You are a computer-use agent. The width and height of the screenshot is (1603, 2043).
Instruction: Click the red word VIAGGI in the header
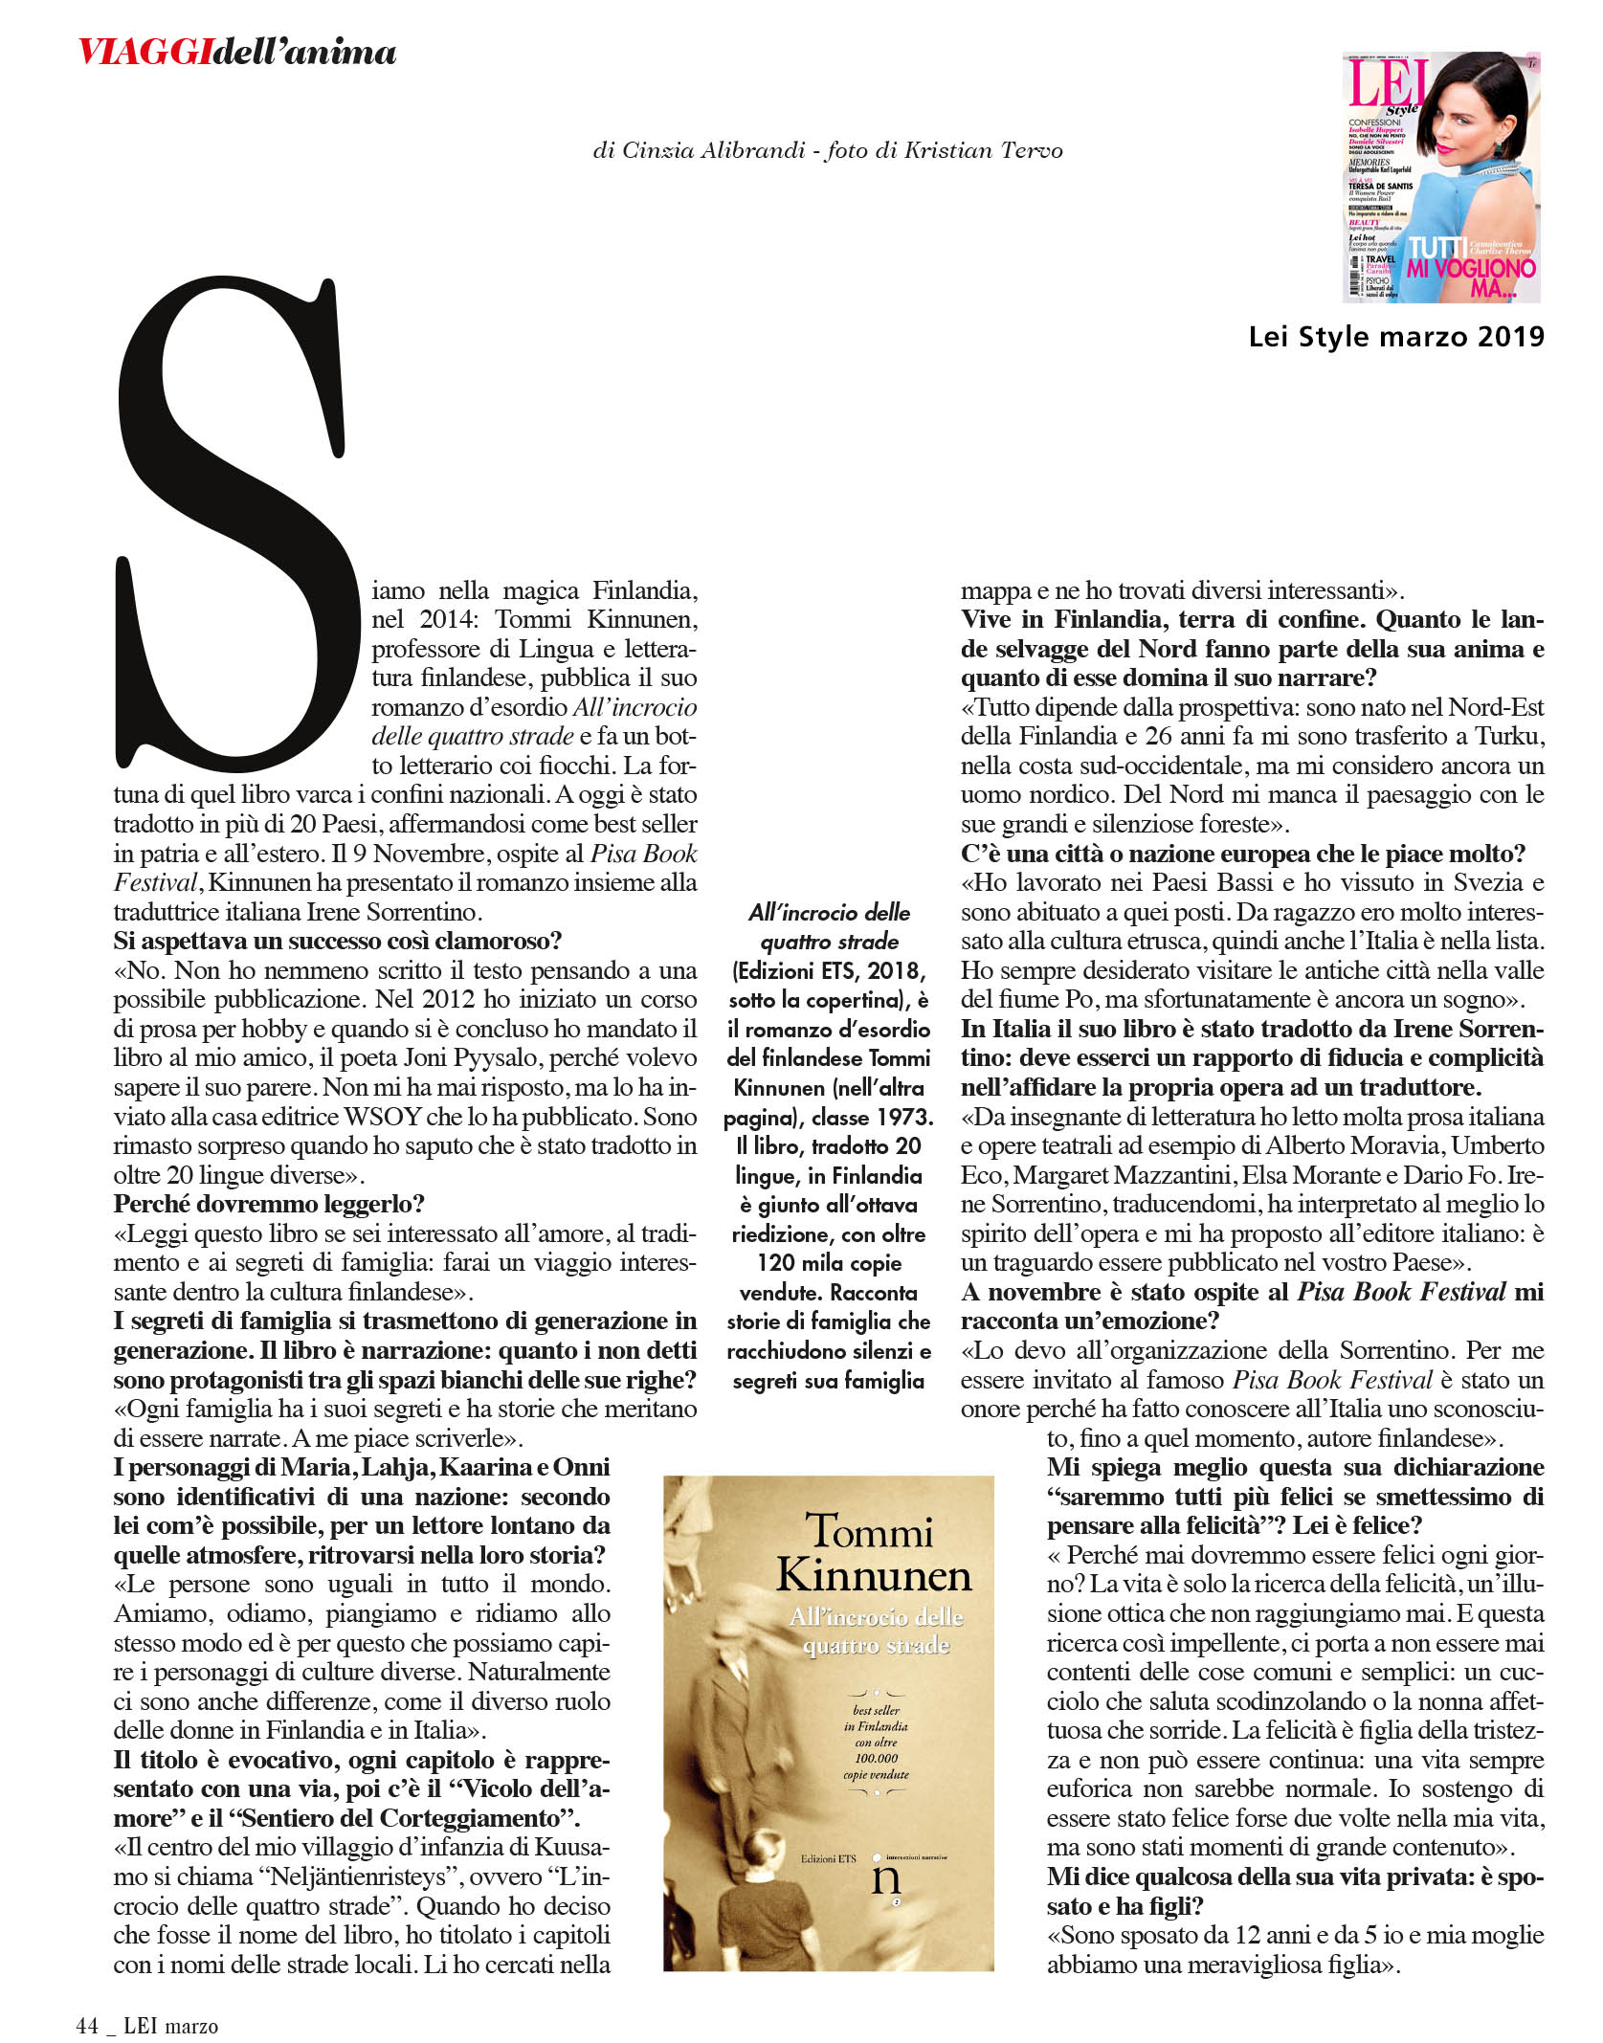click(x=145, y=51)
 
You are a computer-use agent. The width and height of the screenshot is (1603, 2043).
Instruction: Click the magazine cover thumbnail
click(x=1440, y=177)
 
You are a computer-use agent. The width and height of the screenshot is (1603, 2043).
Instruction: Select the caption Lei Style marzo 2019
click(x=1396, y=337)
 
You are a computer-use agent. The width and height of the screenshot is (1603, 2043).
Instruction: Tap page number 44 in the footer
click(x=87, y=2026)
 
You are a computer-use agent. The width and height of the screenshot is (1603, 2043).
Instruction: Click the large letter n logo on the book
click(x=886, y=1878)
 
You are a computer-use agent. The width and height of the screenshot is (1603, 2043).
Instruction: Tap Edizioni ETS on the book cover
click(x=828, y=1858)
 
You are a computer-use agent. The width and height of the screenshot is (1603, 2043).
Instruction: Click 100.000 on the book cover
click(x=876, y=1758)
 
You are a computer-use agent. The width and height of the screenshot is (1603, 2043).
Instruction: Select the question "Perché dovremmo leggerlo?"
click(x=269, y=1204)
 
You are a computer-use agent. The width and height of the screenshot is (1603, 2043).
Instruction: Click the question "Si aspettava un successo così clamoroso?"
click(x=337, y=941)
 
